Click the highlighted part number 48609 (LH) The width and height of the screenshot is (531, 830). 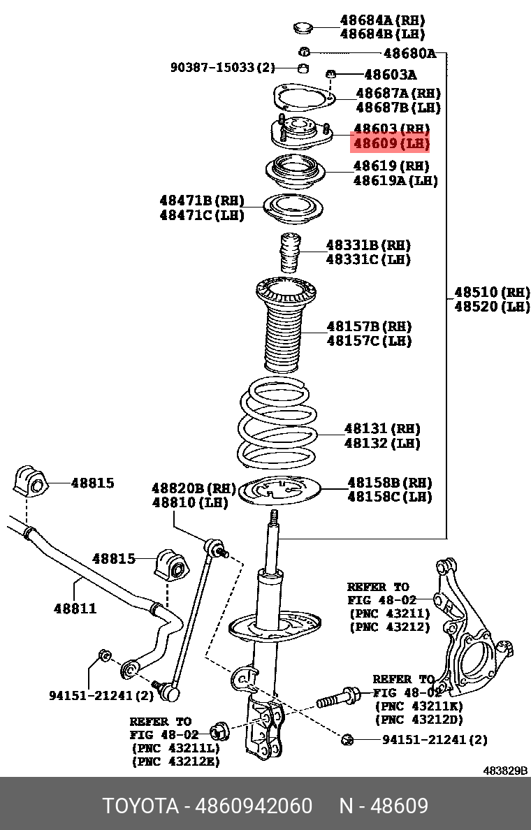pos(390,145)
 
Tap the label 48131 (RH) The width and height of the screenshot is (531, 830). pos(381,428)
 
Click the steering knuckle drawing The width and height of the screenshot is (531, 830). pos(470,629)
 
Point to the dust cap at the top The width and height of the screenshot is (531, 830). pos(303,28)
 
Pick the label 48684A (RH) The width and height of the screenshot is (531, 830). pos(381,20)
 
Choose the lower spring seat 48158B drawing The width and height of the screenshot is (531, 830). pos(280,492)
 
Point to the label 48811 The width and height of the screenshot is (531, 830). pos(75,609)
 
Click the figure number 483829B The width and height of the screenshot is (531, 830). pos(505,771)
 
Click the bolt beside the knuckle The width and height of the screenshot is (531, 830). pos(338,697)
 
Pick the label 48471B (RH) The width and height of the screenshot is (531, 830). pos(202,201)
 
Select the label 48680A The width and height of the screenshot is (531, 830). pos(409,53)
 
